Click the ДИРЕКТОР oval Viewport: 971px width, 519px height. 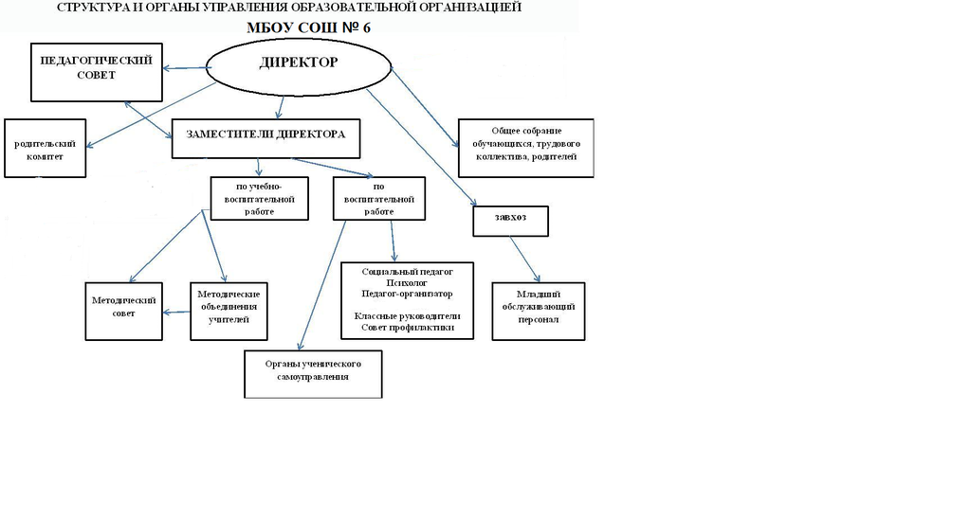298,69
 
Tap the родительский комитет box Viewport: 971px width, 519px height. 46,148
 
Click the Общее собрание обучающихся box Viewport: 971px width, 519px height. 525,147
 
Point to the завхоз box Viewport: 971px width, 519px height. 510,221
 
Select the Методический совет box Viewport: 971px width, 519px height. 123,311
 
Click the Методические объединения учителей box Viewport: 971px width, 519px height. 229,312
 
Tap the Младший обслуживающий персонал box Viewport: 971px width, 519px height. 538,311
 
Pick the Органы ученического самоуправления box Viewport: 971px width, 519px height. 313,374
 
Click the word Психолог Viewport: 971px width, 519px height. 408,282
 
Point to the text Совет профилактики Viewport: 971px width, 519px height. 408,327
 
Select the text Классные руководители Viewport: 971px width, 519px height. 408,315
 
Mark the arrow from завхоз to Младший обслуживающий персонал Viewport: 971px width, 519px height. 524,259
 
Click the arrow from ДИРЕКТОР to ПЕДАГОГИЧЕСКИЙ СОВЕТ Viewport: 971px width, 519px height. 185,67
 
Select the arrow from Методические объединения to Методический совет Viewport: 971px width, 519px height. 175,311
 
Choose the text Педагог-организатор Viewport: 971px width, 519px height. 408,294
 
